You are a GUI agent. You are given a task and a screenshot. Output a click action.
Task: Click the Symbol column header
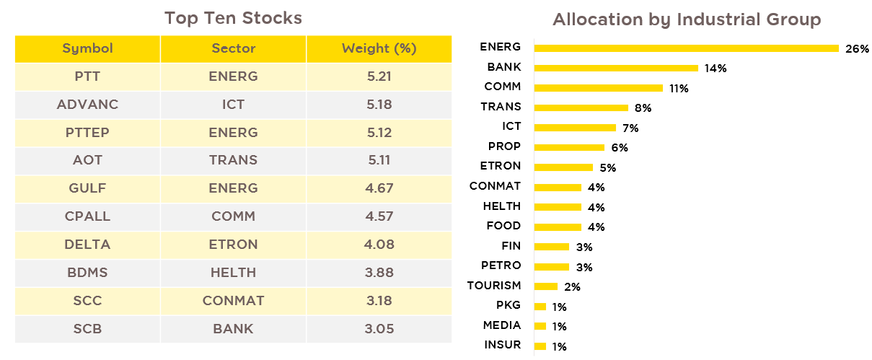(x=87, y=48)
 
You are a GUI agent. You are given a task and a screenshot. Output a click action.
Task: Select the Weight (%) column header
(x=379, y=48)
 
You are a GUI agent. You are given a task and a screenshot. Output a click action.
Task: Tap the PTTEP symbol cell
(x=87, y=132)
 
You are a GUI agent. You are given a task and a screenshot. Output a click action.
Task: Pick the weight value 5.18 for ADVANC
(x=379, y=105)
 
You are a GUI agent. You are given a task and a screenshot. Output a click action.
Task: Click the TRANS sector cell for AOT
(x=233, y=160)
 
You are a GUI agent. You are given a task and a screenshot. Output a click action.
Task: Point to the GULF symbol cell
(x=87, y=188)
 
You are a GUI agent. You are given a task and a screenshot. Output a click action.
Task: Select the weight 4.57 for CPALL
(x=379, y=216)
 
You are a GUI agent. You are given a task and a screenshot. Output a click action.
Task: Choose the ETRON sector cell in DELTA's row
(x=233, y=245)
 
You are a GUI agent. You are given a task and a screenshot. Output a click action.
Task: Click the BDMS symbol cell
(x=87, y=273)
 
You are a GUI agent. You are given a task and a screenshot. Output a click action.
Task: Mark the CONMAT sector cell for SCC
(x=233, y=300)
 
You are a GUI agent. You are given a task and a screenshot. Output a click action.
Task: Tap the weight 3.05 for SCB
(x=379, y=329)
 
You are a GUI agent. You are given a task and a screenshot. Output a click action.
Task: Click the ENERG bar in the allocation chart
(x=687, y=48)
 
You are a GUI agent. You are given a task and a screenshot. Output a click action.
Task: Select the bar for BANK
(x=616, y=68)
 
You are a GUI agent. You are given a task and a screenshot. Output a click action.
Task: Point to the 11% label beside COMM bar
(x=679, y=89)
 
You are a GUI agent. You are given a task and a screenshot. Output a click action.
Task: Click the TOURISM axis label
(x=494, y=286)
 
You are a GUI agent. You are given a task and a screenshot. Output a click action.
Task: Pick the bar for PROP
(x=569, y=147)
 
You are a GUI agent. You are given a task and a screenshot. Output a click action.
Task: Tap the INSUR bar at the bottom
(x=540, y=346)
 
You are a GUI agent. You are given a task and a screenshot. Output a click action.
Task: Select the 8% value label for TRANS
(x=643, y=107)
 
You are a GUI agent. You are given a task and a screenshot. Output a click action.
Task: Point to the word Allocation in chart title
(x=598, y=19)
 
